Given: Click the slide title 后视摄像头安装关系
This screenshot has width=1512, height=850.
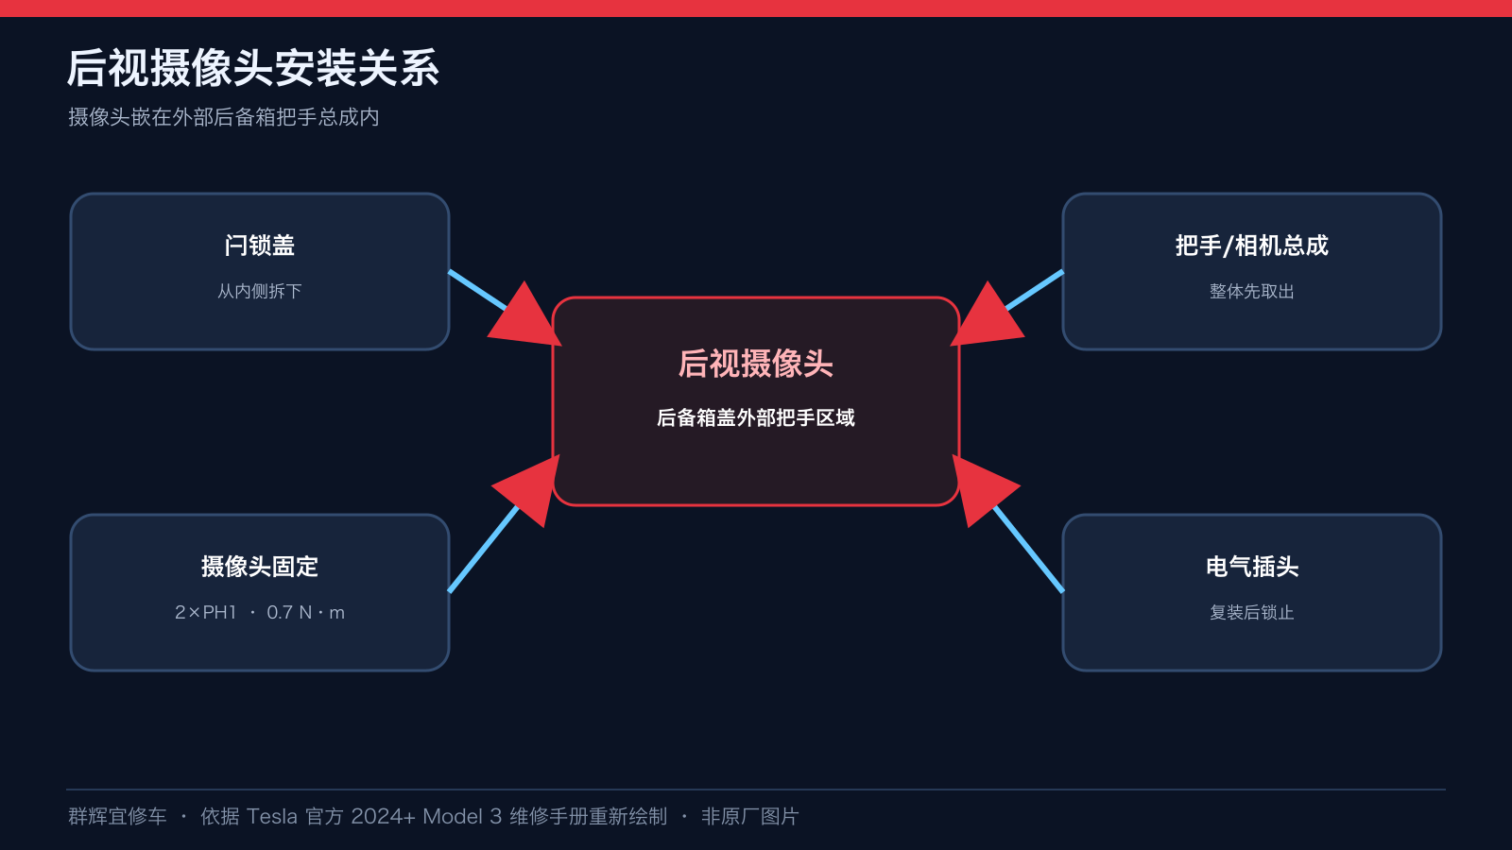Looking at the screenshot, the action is [x=253, y=68].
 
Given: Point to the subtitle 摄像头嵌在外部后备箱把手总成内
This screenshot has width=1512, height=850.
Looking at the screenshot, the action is [x=223, y=117].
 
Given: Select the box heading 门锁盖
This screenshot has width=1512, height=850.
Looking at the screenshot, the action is [x=260, y=245].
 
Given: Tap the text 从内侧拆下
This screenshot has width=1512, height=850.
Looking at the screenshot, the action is [x=260, y=292].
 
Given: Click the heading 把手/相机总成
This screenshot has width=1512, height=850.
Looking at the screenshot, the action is [x=1252, y=245].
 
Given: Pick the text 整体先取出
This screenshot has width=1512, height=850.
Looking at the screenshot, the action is [x=1252, y=292].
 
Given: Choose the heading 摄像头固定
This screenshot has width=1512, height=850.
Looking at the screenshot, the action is [x=260, y=566].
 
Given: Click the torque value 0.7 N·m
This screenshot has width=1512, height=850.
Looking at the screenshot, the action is [x=306, y=613].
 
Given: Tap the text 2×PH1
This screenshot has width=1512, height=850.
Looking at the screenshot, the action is [x=206, y=613].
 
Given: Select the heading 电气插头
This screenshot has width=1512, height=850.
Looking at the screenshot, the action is [x=1252, y=566].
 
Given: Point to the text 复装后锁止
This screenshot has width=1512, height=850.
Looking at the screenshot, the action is [x=1252, y=613].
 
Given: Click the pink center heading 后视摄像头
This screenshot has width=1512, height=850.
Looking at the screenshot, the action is [x=755, y=364].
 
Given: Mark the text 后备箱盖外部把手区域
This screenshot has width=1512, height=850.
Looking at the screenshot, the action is [x=756, y=418].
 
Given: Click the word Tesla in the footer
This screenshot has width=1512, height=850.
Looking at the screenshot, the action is [x=272, y=817].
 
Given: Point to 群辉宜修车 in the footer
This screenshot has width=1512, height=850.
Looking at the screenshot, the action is [x=117, y=817].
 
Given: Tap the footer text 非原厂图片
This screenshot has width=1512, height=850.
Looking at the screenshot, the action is [x=750, y=817].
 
